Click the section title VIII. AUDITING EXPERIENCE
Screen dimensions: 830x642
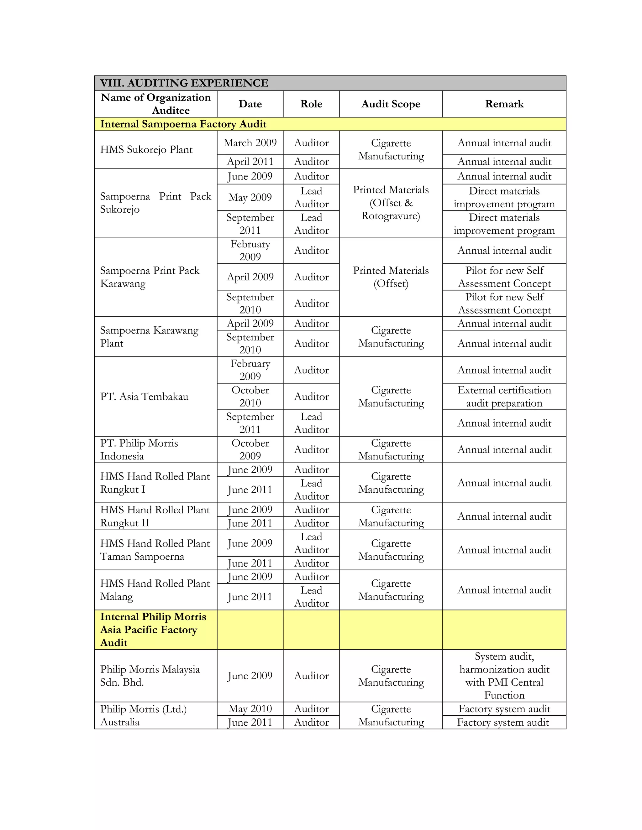click(x=184, y=83)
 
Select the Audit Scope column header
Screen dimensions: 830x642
click(x=391, y=104)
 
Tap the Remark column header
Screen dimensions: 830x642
click(x=504, y=104)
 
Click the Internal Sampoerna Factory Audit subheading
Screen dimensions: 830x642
click(x=183, y=124)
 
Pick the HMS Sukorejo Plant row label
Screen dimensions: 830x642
click(x=146, y=150)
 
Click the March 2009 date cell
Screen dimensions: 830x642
click(x=250, y=143)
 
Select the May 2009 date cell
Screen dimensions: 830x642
click(x=250, y=197)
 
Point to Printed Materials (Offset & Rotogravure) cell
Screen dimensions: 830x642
click(x=391, y=203)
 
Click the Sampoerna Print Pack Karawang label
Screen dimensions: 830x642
click(x=150, y=277)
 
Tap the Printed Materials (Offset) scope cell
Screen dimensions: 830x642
click(x=391, y=277)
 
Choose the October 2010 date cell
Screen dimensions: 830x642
click(x=250, y=397)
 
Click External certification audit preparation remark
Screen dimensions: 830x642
click(x=504, y=397)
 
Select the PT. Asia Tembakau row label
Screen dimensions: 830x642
click(x=144, y=397)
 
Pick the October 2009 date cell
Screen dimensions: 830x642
click(x=250, y=449)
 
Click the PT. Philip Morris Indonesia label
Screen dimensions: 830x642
click(x=139, y=449)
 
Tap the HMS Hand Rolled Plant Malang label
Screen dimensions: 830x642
click(x=155, y=589)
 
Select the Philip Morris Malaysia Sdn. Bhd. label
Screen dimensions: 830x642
click(x=150, y=675)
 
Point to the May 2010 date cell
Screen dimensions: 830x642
click(x=250, y=708)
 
